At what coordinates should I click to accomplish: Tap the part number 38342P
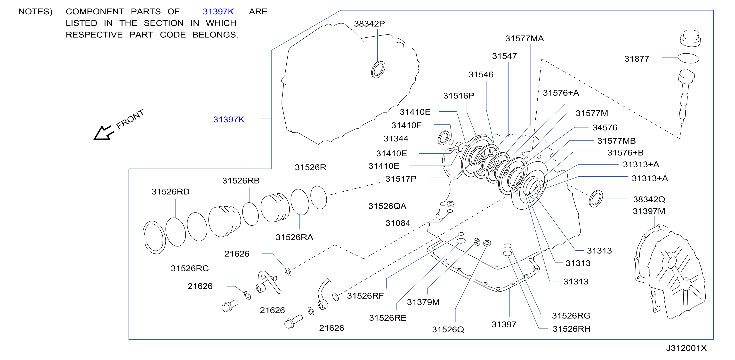coord(369,24)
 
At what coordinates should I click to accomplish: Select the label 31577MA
coord(525,39)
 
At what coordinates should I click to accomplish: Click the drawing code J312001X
coord(686,348)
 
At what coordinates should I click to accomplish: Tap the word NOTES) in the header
coord(35,12)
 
